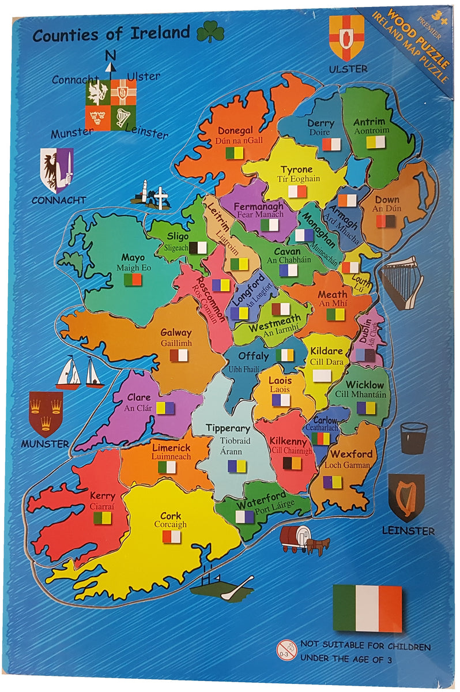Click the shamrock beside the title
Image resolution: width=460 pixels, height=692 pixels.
[x=210, y=32]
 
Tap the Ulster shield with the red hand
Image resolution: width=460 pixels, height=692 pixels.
[x=346, y=37]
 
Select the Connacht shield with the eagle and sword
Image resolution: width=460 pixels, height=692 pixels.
[x=56, y=169]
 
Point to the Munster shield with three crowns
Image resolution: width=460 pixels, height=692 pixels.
[x=46, y=413]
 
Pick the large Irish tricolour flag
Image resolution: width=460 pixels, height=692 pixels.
[x=367, y=608]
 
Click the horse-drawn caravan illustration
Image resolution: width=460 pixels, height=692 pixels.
[x=303, y=539]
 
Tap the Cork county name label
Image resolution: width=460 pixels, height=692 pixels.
[x=171, y=515]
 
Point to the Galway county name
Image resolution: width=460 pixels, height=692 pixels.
[x=176, y=332]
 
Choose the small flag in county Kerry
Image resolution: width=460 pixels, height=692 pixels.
[x=103, y=518]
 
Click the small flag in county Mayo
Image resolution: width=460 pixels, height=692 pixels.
[x=133, y=280]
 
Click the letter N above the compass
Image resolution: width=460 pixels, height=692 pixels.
[x=110, y=55]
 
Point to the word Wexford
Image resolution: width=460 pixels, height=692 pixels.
[x=351, y=454]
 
